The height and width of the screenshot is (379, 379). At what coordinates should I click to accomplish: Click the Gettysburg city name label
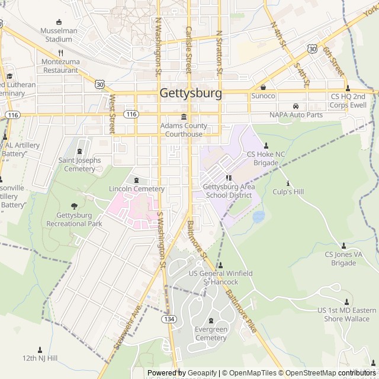click(x=191, y=94)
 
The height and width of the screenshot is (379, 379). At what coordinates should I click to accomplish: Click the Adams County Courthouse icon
click(x=184, y=116)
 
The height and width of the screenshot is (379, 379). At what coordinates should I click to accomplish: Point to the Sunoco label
click(x=263, y=96)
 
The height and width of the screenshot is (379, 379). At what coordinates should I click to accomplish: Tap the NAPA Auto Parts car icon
click(x=295, y=106)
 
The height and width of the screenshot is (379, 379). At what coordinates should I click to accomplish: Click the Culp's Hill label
click(x=288, y=192)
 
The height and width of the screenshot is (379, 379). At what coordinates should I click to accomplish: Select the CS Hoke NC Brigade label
click(x=265, y=158)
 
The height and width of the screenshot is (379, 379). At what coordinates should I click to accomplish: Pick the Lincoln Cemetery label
click(x=137, y=189)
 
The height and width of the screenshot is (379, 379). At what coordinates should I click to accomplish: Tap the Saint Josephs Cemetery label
click(x=77, y=165)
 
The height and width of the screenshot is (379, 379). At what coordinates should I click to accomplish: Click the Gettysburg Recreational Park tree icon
click(x=74, y=206)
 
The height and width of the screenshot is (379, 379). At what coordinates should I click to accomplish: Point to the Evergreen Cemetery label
click(x=211, y=334)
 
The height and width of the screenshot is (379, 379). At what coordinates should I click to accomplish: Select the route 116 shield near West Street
click(x=130, y=114)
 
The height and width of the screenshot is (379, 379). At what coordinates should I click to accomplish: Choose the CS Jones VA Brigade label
click(x=343, y=259)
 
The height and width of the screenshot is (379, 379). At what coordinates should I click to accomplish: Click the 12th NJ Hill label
click(x=40, y=358)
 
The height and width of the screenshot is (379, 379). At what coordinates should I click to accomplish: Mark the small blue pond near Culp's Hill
click(x=258, y=217)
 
